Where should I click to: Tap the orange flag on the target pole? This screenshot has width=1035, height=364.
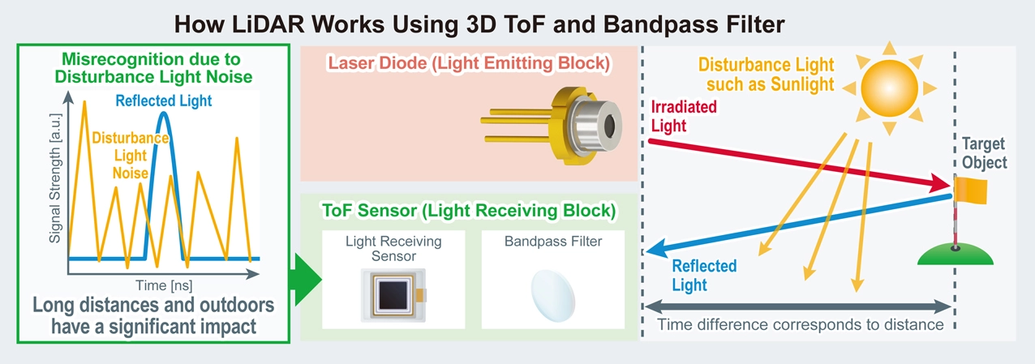coord(970,191)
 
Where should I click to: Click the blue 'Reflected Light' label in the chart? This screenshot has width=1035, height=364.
coord(163,101)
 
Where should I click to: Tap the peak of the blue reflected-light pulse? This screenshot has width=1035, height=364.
coord(164,114)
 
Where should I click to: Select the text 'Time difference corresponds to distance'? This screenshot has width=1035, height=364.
coord(800,325)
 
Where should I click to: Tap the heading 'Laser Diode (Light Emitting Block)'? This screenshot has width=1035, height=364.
coord(469,62)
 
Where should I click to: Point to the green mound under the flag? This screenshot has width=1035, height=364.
coord(956,255)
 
